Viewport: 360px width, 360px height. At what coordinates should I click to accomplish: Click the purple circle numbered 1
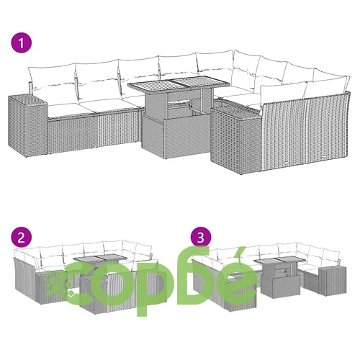[x=21, y=43]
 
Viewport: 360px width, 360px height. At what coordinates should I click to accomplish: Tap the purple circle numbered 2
[x=21, y=238]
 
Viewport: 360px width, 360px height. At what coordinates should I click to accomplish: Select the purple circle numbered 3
[x=201, y=238]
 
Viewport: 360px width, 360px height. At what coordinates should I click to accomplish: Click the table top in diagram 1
[x=179, y=84]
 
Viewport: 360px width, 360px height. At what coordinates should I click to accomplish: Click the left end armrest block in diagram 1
[x=28, y=125]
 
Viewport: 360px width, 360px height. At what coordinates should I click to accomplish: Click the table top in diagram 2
[x=100, y=258]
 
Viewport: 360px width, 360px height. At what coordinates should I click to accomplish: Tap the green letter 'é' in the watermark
[x=237, y=276]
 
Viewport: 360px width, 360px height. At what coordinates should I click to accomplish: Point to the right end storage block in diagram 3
[x=332, y=279]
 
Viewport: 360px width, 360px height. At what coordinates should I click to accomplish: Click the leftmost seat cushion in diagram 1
[x=70, y=109]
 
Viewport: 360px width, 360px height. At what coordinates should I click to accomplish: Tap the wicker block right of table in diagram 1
[x=235, y=138]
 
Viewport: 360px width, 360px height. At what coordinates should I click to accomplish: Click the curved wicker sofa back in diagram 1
[x=305, y=132]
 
